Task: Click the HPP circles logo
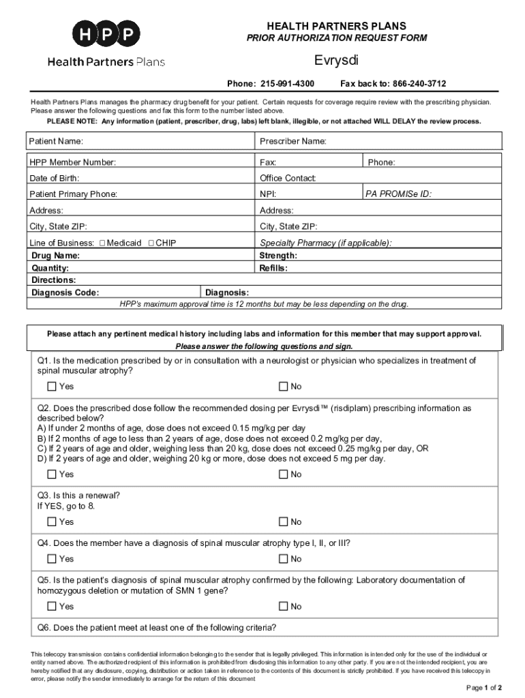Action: click(106, 33)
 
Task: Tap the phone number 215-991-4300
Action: click(286, 84)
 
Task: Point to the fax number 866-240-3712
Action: click(419, 84)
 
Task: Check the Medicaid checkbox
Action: click(102, 243)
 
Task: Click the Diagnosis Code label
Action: click(65, 292)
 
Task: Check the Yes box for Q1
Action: click(52, 386)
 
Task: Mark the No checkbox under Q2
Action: click(283, 474)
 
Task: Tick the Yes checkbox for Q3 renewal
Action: click(52, 522)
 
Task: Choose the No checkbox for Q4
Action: click(283, 559)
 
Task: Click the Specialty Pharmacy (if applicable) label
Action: click(326, 243)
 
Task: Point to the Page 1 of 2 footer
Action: click(484, 687)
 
